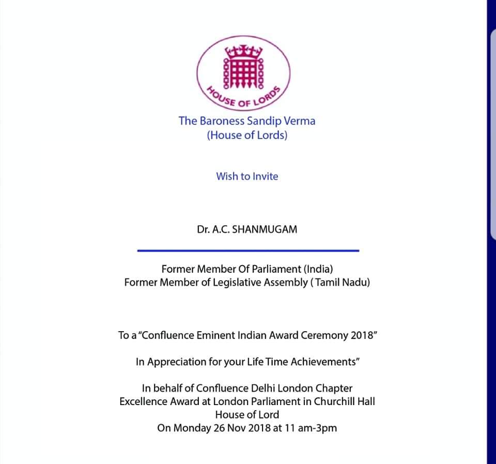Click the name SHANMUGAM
(265, 229)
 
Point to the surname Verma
(299, 121)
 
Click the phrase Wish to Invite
(247, 176)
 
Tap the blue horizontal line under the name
(248, 251)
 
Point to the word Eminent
(217, 335)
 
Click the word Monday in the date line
(191, 428)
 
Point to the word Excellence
(143, 401)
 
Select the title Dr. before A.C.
(202, 229)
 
